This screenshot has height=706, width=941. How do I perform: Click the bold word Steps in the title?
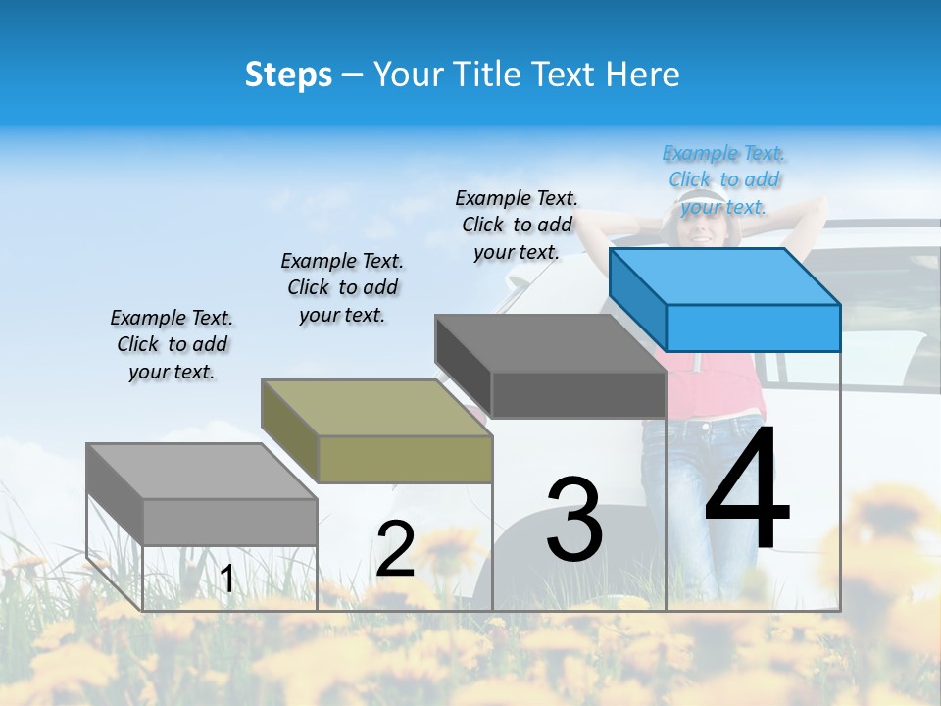(x=288, y=75)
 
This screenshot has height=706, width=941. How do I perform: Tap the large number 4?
(x=747, y=490)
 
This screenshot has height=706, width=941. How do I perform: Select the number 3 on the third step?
(x=574, y=521)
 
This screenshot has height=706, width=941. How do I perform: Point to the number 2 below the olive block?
(x=395, y=550)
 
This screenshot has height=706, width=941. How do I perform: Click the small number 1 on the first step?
(x=227, y=580)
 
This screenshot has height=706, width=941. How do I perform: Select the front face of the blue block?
(x=753, y=328)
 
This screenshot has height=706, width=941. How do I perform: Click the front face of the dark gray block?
(x=578, y=395)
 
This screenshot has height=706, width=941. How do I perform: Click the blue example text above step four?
(x=724, y=180)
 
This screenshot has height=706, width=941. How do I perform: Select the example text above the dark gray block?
(x=517, y=225)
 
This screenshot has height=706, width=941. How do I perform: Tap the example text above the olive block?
(x=342, y=287)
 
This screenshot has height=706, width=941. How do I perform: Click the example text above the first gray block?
(x=172, y=344)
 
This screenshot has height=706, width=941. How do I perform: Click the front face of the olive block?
(x=405, y=459)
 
